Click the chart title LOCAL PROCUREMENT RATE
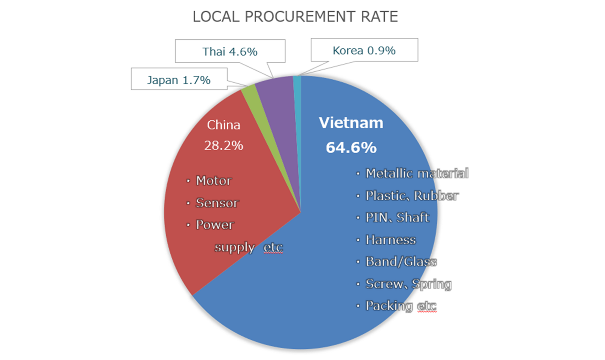click(x=295, y=17)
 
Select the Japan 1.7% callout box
click(x=179, y=80)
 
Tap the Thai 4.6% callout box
click(x=230, y=51)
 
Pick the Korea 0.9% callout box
click(x=364, y=50)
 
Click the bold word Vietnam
click(x=351, y=123)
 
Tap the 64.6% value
click(x=351, y=147)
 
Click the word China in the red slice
click(x=224, y=125)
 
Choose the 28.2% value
click(x=224, y=145)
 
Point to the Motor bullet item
click(x=214, y=181)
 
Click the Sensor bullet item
click(x=217, y=203)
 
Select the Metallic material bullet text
click(x=417, y=173)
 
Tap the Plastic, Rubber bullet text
click(x=412, y=196)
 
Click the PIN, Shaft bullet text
click(x=397, y=217)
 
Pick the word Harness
click(x=390, y=240)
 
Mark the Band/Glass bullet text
click(x=401, y=261)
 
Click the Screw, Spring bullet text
click(x=408, y=284)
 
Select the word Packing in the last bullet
click(x=389, y=306)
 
